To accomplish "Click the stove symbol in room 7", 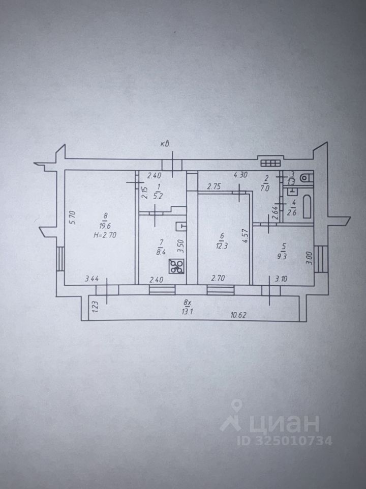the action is (x=176, y=266).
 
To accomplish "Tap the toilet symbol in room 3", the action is (x=305, y=178).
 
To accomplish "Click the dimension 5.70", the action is (x=73, y=218).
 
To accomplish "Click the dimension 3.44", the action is (x=91, y=279).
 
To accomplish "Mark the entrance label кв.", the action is (x=166, y=144).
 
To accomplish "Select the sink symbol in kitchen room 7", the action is (x=181, y=226).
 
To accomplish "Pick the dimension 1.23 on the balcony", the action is (x=95, y=307).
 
